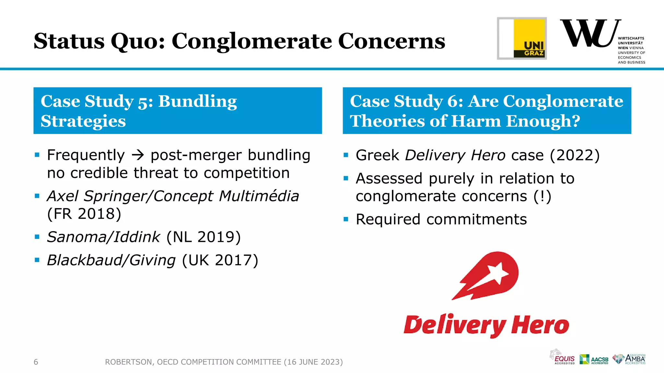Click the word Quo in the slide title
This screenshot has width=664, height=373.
[138, 41]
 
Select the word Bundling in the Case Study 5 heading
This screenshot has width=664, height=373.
[197, 101]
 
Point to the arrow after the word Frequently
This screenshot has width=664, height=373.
[138, 155]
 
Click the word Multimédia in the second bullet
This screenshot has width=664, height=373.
[259, 196]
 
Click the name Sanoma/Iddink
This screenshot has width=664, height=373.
[103, 237]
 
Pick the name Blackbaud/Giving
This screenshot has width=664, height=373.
[111, 260]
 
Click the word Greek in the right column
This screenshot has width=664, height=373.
[377, 155]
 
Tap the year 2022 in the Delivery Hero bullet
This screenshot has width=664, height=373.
[575, 155]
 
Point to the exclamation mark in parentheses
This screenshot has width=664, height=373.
[542, 197]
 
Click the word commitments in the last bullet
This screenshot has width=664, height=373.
[477, 220]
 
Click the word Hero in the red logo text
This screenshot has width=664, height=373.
[540, 325]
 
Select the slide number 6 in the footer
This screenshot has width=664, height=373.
[36, 362]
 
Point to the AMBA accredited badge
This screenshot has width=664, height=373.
[629, 359]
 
